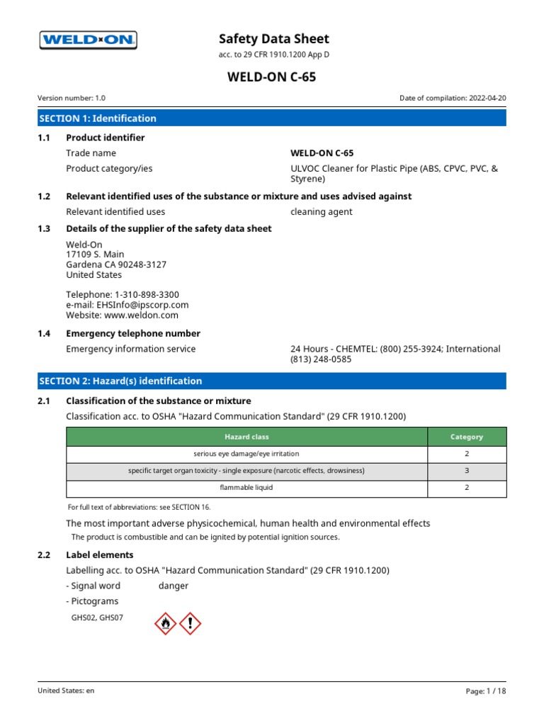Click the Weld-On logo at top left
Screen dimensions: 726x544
pyautogui.click(x=88, y=40)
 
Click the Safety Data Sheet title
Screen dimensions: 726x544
pyautogui.click(x=273, y=39)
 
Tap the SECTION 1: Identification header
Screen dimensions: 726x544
pyautogui.click(x=98, y=118)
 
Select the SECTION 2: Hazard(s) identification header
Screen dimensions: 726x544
pyautogui.click(x=120, y=381)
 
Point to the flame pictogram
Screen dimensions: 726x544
pyautogui.click(x=165, y=623)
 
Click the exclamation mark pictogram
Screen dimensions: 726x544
pyautogui.click(x=190, y=623)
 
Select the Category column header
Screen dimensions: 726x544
pyautogui.click(x=467, y=437)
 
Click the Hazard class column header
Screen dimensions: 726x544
pyautogui.click(x=246, y=437)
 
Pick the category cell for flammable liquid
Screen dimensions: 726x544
pyautogui.click(x=467, y=488)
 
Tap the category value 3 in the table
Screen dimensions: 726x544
pyautogui.click(x=467, y=471)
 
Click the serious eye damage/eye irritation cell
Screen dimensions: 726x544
pyautogui.click(x=246, y=454)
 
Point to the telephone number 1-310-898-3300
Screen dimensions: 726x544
pyautogui.click(x=145, y=294)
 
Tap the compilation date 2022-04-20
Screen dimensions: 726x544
pyautogui.click(x=487, y=99)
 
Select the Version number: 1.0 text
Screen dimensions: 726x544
pyautogui.click(x=72, y=99)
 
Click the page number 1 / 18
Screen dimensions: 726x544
pyautogui.click(x=494, y=691)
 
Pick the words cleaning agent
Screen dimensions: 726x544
pyautogui.click(x=321, y=211)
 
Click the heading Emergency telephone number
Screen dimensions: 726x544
pyautogui.click(x=133, y=333)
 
